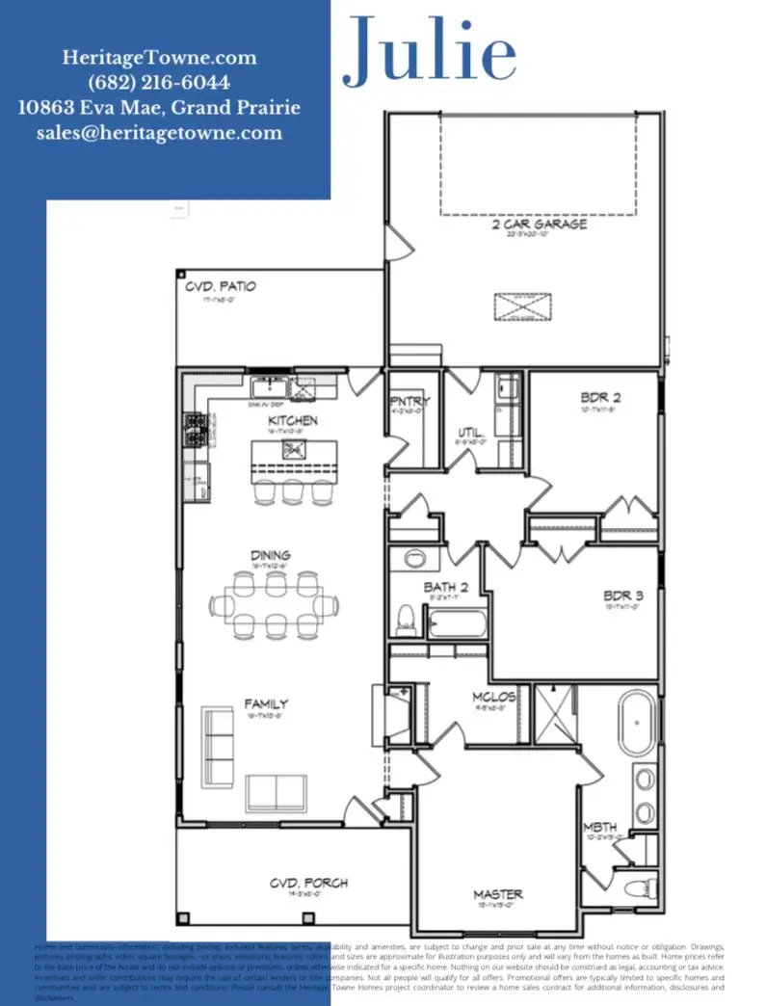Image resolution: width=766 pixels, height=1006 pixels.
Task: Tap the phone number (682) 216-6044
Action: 159,83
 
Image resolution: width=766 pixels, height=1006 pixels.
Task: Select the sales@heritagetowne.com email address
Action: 159,133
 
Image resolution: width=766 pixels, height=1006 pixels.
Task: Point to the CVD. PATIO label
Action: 221,287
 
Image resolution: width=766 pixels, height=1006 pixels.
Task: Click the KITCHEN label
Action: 292,421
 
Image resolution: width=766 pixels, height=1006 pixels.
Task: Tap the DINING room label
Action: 271,555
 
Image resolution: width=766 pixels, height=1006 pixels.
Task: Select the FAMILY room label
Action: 266,704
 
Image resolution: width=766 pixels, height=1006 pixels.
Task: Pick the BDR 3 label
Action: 623,596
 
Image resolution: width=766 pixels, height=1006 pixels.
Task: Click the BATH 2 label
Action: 446,587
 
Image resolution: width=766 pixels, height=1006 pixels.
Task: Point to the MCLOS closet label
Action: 494,697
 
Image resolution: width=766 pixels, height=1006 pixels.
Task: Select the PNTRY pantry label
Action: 409,402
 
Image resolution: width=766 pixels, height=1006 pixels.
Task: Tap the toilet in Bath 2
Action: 406,616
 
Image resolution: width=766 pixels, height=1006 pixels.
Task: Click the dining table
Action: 274,605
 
